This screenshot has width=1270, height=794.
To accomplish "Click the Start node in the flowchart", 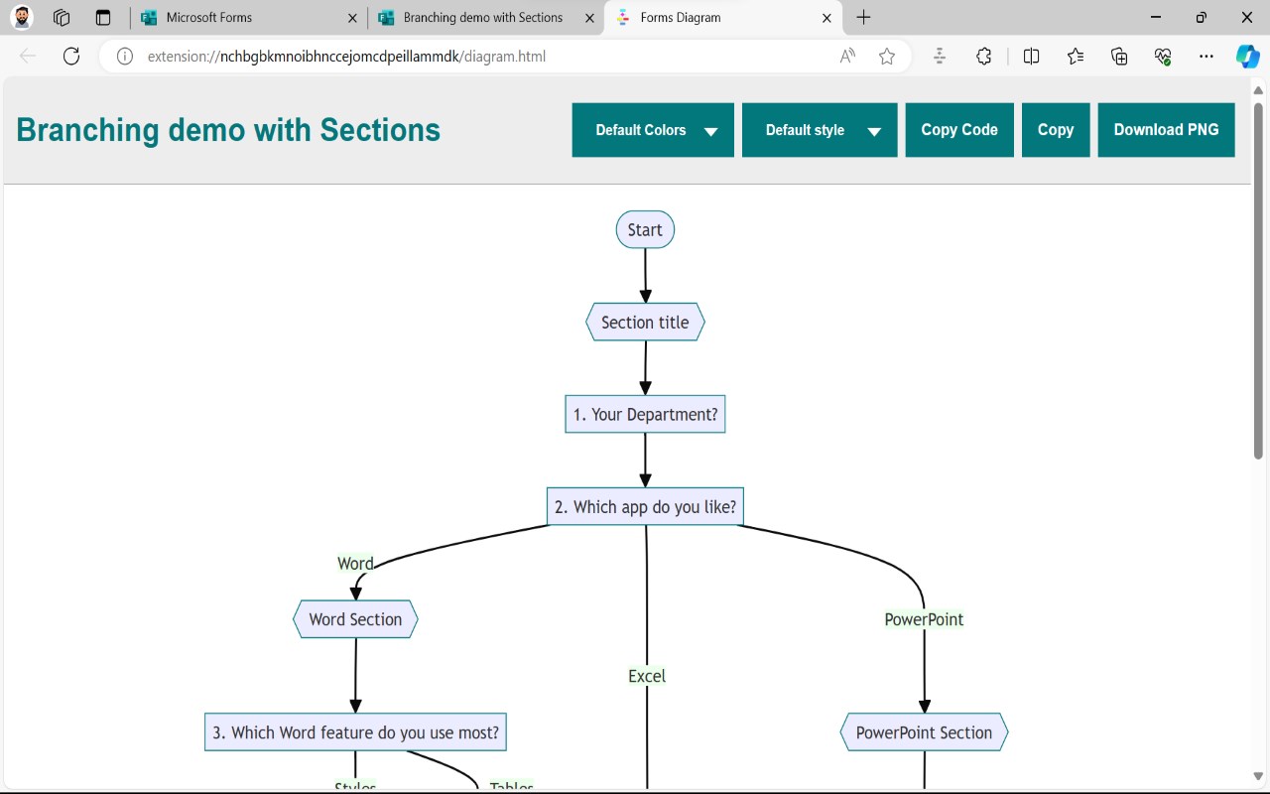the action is coord(645,229).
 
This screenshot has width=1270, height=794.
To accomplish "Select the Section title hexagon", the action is coord(645,323).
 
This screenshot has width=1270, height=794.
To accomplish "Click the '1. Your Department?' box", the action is coord(645,415).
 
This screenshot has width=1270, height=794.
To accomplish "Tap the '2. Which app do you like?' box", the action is coord(645,506).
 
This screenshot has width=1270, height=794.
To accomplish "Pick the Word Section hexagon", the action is coord(355,619).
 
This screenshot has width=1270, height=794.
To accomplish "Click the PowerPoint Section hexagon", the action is coord(924,732).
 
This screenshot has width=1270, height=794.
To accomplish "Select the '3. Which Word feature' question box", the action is coord(355,732).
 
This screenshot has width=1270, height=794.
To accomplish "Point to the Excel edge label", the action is coord(647,676).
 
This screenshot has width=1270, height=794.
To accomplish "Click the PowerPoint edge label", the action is coord(924,619).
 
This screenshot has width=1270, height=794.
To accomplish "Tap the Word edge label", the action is coord(355,563).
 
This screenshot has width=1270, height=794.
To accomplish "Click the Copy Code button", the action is coord(959,130).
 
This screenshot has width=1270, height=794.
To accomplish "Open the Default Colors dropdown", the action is coord(653,130).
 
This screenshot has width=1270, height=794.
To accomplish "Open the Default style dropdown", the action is coord(820,130).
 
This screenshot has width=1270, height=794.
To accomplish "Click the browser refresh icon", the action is coord(71,57).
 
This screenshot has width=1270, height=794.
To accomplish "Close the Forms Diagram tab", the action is coord(826,18).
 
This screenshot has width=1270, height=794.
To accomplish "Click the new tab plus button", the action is coord(863,18).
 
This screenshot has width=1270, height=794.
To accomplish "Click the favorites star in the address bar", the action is coord(887,57).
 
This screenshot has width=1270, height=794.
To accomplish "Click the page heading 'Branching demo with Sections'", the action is coord(228,130).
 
